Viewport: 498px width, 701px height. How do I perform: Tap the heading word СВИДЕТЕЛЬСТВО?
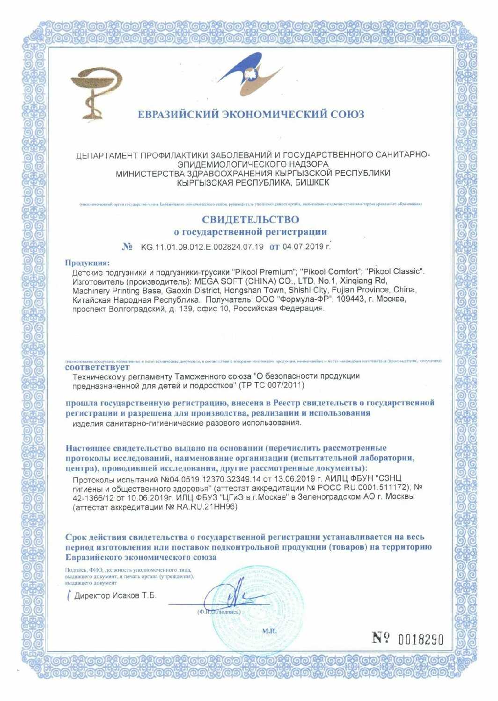250,219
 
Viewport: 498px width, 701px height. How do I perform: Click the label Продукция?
87,263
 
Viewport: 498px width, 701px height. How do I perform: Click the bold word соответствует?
97,367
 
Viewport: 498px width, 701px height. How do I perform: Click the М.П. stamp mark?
269,631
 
